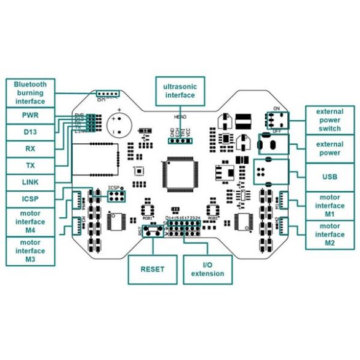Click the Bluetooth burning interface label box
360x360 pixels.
tap(30, 92)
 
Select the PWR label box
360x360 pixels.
tap(30, 115)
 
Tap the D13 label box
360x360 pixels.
tap(30, 132)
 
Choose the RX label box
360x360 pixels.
tap(30, 148)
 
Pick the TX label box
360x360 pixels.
tap(30, 165)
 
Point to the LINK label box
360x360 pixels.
tap(30, 182)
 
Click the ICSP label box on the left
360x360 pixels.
tap(30, 199)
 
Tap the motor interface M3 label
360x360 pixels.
tap(30, 251)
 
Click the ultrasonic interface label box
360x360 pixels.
tap(180, 90)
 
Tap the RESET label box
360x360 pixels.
tap(153, 269)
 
